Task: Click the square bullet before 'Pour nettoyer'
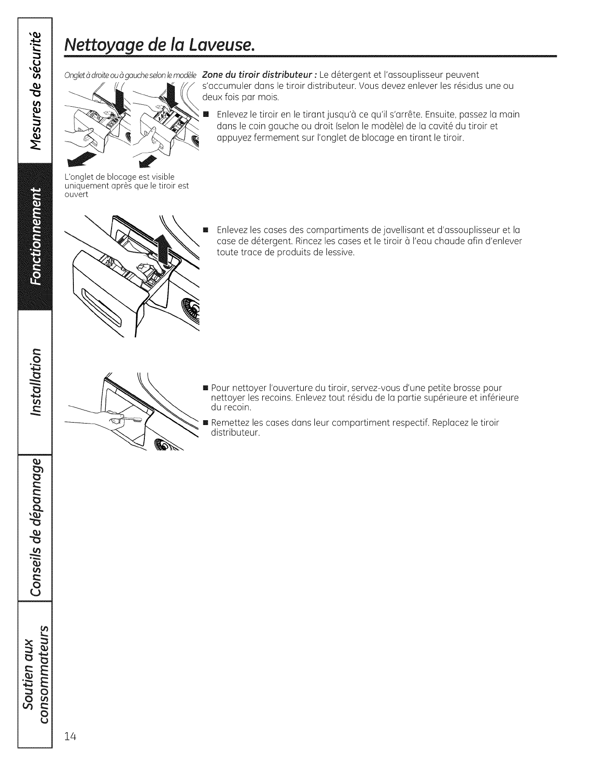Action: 206,388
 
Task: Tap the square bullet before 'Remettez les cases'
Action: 206,423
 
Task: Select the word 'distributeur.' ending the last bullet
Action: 236,432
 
